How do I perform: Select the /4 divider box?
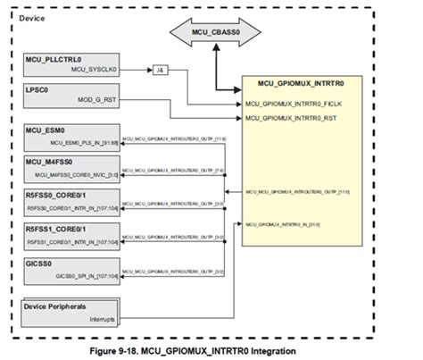[x=162, y=69]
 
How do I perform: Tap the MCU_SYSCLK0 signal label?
[x=95, y=69]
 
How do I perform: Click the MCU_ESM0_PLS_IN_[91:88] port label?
[x=84, y=140]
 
